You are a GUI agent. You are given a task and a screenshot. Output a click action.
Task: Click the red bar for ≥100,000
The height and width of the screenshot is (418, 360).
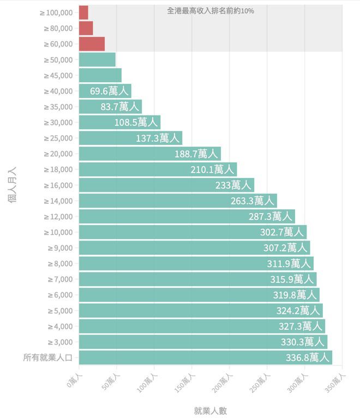tap(83, 13)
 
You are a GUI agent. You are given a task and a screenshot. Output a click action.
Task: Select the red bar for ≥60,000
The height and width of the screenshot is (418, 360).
tap(92, 44)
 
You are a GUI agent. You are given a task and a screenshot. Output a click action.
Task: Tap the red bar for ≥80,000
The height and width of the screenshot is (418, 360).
tap(86, 28)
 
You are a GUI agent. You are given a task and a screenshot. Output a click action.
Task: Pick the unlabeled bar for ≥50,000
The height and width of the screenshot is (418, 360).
tap(97, 59)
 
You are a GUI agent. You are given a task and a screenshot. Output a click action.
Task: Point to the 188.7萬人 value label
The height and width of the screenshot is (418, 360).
tap(196, 154)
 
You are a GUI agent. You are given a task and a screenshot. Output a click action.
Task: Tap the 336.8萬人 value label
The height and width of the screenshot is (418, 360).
tap(308, 358)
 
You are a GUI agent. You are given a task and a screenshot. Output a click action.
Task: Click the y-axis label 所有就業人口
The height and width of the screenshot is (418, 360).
tap(48, 358)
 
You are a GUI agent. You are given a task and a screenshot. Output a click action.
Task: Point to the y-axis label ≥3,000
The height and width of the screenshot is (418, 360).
tap(60, 342)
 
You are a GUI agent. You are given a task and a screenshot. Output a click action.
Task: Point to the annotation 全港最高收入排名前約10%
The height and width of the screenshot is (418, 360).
tap(210, 10)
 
